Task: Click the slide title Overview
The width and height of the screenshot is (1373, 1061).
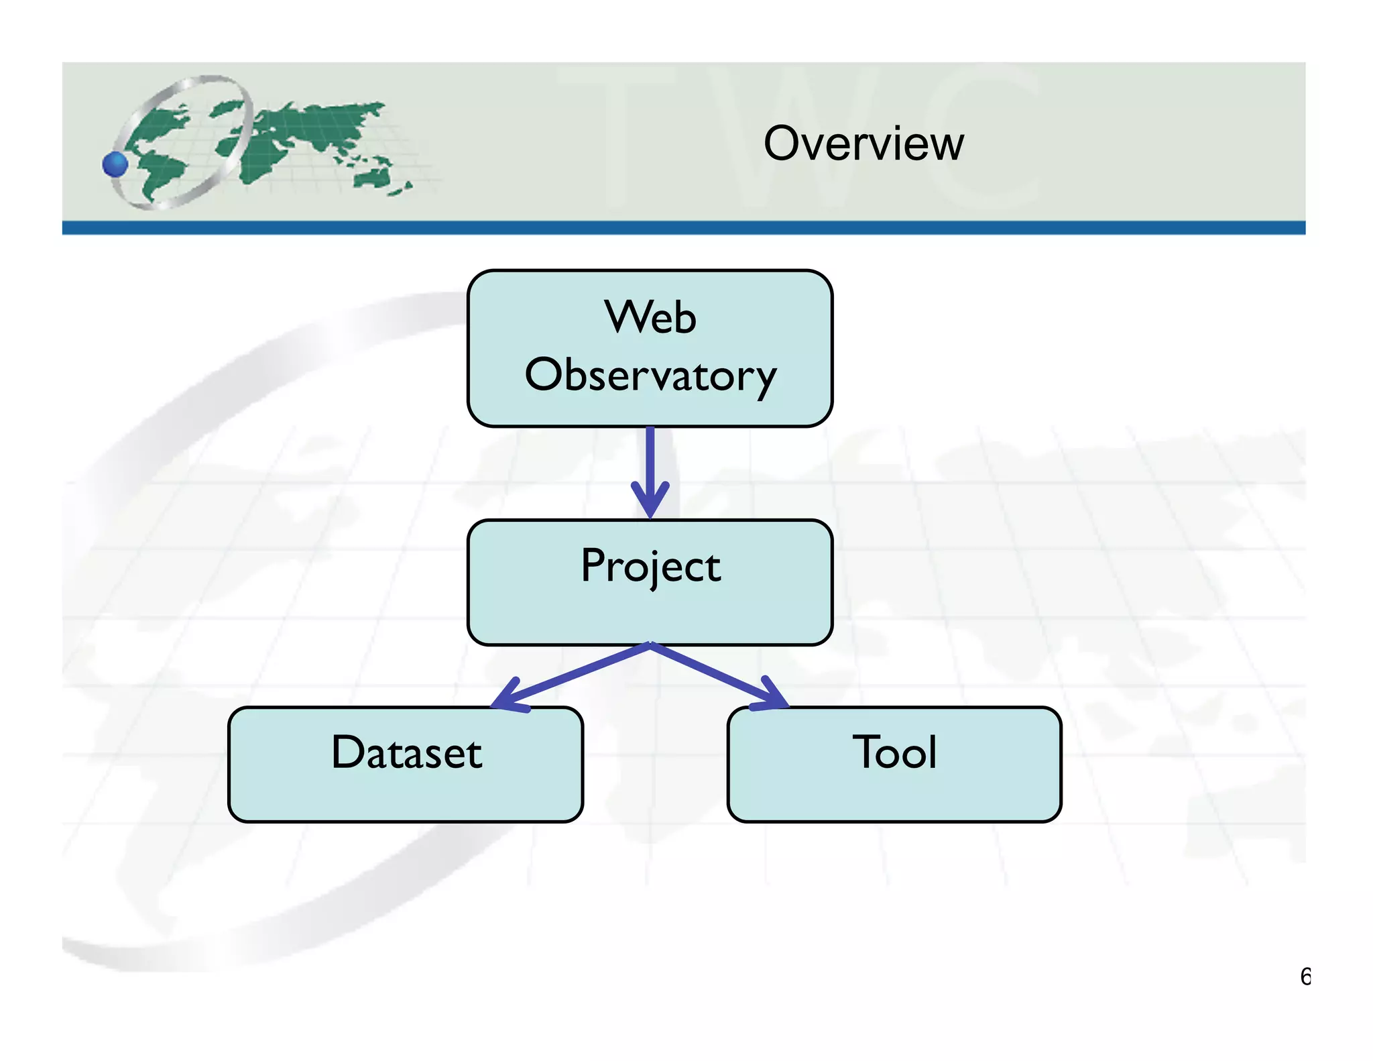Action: (x=863, y=144)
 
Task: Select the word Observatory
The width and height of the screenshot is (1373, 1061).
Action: (x=650, y=376)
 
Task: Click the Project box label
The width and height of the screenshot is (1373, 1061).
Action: (x=650, y=566)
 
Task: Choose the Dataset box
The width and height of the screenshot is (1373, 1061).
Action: (x=406, y=764)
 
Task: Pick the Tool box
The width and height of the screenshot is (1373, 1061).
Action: (x=894, y=764)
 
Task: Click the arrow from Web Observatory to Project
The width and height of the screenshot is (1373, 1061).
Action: (x=650, y=463)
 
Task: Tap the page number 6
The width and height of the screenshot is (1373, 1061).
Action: (x=1305, y=976)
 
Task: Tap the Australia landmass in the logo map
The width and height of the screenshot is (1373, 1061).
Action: (x=372, y=178)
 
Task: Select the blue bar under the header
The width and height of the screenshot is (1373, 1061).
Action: (x=684, y=228)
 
